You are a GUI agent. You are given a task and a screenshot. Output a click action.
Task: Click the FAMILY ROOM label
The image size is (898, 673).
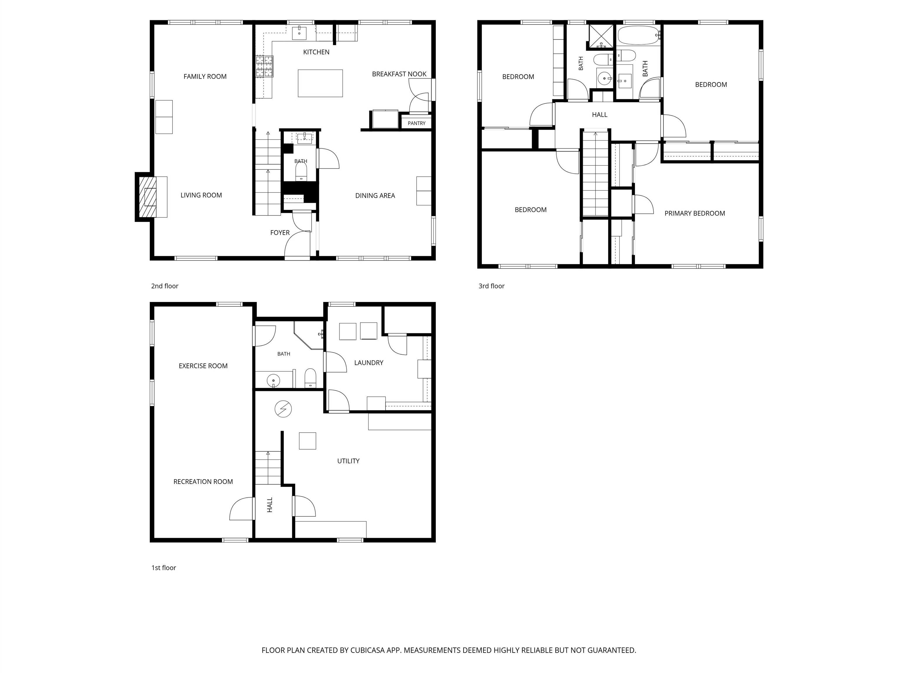click(205, 77)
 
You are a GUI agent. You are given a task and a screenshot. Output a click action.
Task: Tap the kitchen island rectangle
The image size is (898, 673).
click(320, 83)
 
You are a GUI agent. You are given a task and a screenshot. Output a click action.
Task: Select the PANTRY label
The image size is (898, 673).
click(417, 123)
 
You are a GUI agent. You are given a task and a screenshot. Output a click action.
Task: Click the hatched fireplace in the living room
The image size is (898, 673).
click(148, 197)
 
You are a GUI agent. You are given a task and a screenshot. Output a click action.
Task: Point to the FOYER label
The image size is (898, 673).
click(280, 233)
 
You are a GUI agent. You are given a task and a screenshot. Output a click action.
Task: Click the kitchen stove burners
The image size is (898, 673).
click(264, 66)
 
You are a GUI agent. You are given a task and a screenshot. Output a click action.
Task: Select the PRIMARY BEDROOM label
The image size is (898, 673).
click(695, 214)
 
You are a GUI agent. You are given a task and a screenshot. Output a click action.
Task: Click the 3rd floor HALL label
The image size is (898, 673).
click(600, 115)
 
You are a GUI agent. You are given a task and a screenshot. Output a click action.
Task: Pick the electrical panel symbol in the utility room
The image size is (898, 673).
click(283, 409)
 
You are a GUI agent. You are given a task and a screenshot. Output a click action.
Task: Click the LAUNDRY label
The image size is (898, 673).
click(369, 363)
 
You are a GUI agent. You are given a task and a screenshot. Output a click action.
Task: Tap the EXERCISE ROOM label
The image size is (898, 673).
click(203, 366)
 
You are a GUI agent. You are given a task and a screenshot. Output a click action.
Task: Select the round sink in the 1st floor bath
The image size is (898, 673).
click(273, 381)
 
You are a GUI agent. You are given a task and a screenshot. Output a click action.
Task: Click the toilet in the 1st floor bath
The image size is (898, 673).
click(310, 378)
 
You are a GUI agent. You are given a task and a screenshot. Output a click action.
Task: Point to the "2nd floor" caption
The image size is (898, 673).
click(165, 286)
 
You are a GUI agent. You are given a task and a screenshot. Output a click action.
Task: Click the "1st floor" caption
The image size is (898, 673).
click(164, 568)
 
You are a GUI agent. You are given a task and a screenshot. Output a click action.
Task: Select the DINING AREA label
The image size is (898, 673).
click(375, 195)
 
